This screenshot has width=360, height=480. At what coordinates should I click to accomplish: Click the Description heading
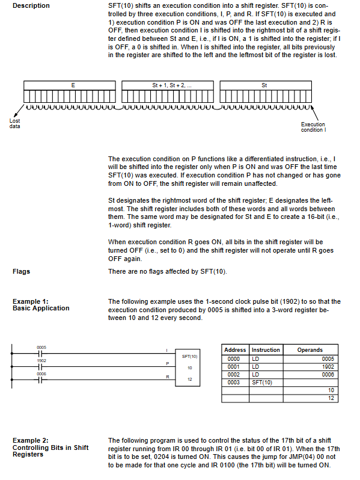(31, 5)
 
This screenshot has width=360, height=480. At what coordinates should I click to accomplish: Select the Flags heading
(21, 271)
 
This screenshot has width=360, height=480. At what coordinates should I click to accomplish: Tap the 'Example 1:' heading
(30, 301)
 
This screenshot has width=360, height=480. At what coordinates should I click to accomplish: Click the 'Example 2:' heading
(30, 440)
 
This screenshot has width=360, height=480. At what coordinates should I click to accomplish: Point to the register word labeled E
(70, 91)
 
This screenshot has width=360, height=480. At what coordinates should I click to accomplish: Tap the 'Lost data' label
(14, 123)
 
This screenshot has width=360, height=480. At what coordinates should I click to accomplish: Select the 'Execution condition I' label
(313, 127)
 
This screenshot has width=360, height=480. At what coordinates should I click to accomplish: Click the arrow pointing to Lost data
(18, 111)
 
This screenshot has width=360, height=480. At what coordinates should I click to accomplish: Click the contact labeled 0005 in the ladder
(41, 354)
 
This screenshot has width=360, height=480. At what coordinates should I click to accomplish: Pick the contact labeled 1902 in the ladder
(41, 367)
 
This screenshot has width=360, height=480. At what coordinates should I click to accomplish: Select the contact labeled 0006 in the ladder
(41, 380)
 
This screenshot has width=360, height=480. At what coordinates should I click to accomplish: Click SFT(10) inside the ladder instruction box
(190, 356)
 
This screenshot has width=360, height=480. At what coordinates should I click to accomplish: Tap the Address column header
(235, 350)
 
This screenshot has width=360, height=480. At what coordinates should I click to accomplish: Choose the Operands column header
(310, 350)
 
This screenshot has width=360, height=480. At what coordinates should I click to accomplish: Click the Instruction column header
(266, 350)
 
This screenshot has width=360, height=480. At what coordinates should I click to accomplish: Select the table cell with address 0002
(235, 375)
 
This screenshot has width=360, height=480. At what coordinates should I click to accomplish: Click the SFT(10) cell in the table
(266, 383)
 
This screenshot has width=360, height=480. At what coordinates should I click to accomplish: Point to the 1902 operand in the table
(328, 367)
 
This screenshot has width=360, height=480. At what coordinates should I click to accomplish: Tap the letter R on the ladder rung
(168, 377)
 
